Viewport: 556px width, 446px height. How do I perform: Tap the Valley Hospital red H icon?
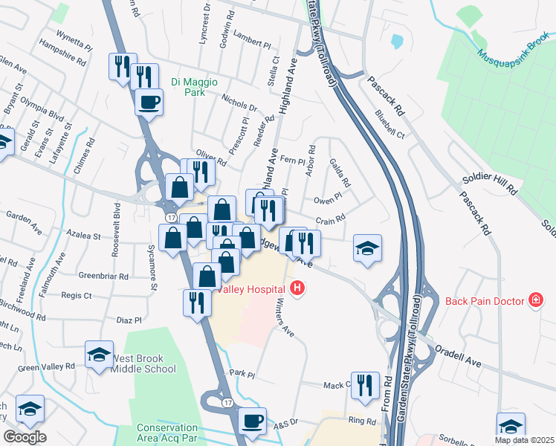click(298, 288)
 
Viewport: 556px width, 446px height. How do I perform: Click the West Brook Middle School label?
click(143, 364)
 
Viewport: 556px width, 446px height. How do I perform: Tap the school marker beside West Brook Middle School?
click(99, 355)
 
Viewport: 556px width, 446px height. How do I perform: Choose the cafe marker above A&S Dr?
click(253, 421)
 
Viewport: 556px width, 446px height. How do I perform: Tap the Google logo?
click(25, 436)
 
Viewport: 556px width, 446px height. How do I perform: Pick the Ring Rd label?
click(362, 421)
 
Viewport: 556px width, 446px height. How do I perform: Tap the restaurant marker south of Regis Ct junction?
click(196, 303)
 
